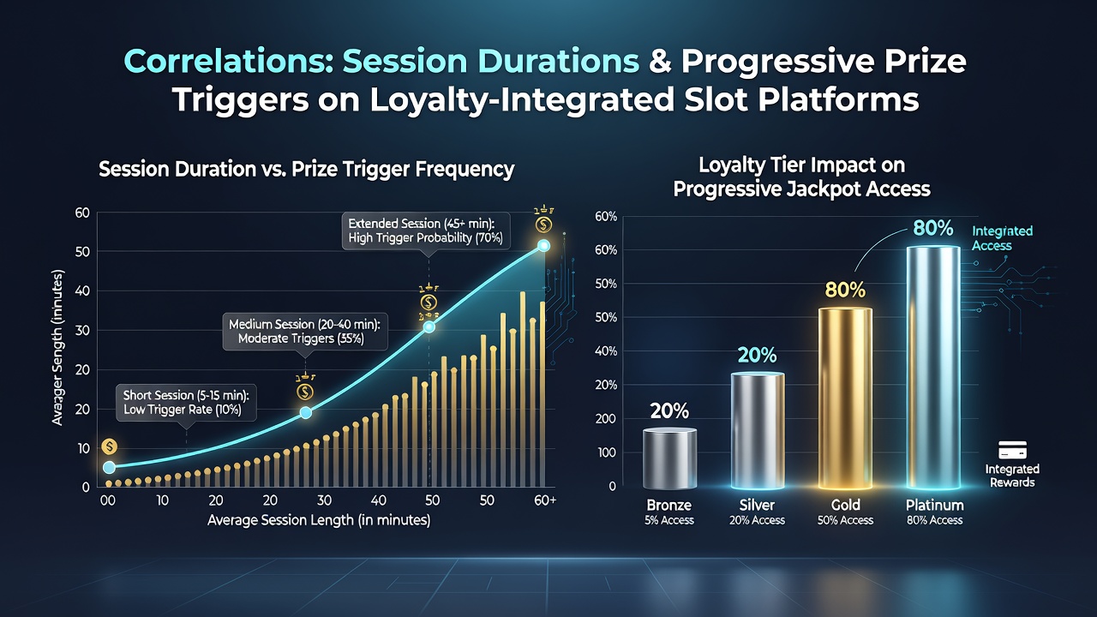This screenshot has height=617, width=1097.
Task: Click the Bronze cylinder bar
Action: [669, 458]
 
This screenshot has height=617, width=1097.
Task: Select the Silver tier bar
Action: [757, 431]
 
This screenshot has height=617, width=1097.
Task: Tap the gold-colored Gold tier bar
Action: [845, 398]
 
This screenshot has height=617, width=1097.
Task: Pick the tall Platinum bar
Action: [933, 368]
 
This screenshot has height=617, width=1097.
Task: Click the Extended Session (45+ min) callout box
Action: [426, 231]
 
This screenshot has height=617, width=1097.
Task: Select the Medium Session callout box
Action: [304, 332]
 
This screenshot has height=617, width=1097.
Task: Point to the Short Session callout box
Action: [186, 403]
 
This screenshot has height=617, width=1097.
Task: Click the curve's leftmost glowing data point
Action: [109, 467]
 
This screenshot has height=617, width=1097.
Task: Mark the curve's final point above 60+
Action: [543, 246]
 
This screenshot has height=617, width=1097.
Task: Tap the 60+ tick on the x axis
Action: [545, 500]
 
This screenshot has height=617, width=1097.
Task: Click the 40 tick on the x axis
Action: [379, 500]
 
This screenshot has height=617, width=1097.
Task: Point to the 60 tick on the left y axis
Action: [82, 213]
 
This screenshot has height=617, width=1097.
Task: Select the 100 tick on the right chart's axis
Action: [606, 452]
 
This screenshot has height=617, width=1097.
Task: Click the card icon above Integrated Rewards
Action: [1012, 450]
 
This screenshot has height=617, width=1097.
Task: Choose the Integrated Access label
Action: [1002, 238]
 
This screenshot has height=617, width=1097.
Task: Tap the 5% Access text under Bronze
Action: [669, 520]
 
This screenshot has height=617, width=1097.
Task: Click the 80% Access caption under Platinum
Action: [934, 520]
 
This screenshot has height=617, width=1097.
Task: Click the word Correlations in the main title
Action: [229, 61]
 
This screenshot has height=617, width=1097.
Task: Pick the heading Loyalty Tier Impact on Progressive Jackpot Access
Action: [801, 177]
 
